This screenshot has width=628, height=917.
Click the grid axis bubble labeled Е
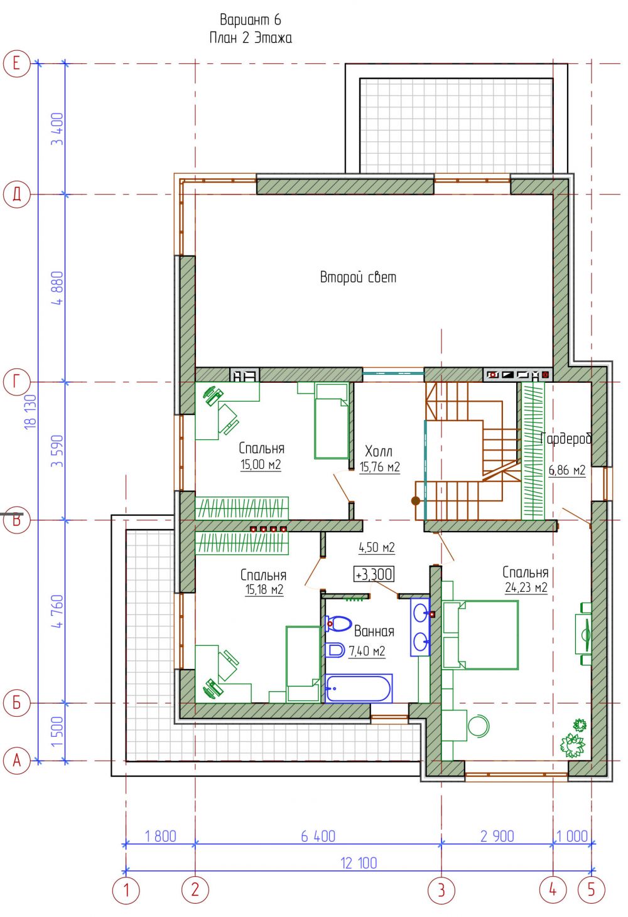point(16,63)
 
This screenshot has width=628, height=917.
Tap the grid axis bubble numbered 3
point(441,890)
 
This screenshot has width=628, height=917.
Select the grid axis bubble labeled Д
point(16,194)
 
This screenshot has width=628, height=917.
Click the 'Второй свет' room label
point(358,277)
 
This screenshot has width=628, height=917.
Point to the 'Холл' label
point(379,451)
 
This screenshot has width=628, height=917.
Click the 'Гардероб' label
point(566,439)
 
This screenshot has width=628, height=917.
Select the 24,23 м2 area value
point(526,587)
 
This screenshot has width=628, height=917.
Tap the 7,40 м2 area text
point(367,651)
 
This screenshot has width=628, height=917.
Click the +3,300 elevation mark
point(374,574)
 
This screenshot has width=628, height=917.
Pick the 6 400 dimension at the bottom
point(318,837)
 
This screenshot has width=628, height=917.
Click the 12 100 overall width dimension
point(359,863)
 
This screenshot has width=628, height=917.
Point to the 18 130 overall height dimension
point(31,411)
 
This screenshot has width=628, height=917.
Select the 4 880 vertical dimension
point(58,288)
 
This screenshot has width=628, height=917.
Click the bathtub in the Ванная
point(359,689)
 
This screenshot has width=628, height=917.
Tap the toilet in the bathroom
point(338,624)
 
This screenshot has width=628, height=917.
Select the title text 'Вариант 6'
point(251,19)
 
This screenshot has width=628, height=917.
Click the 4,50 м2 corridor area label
point(376,547)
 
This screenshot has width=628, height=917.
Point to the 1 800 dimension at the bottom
point(161,837)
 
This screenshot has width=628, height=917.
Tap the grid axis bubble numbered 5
point(591,890)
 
